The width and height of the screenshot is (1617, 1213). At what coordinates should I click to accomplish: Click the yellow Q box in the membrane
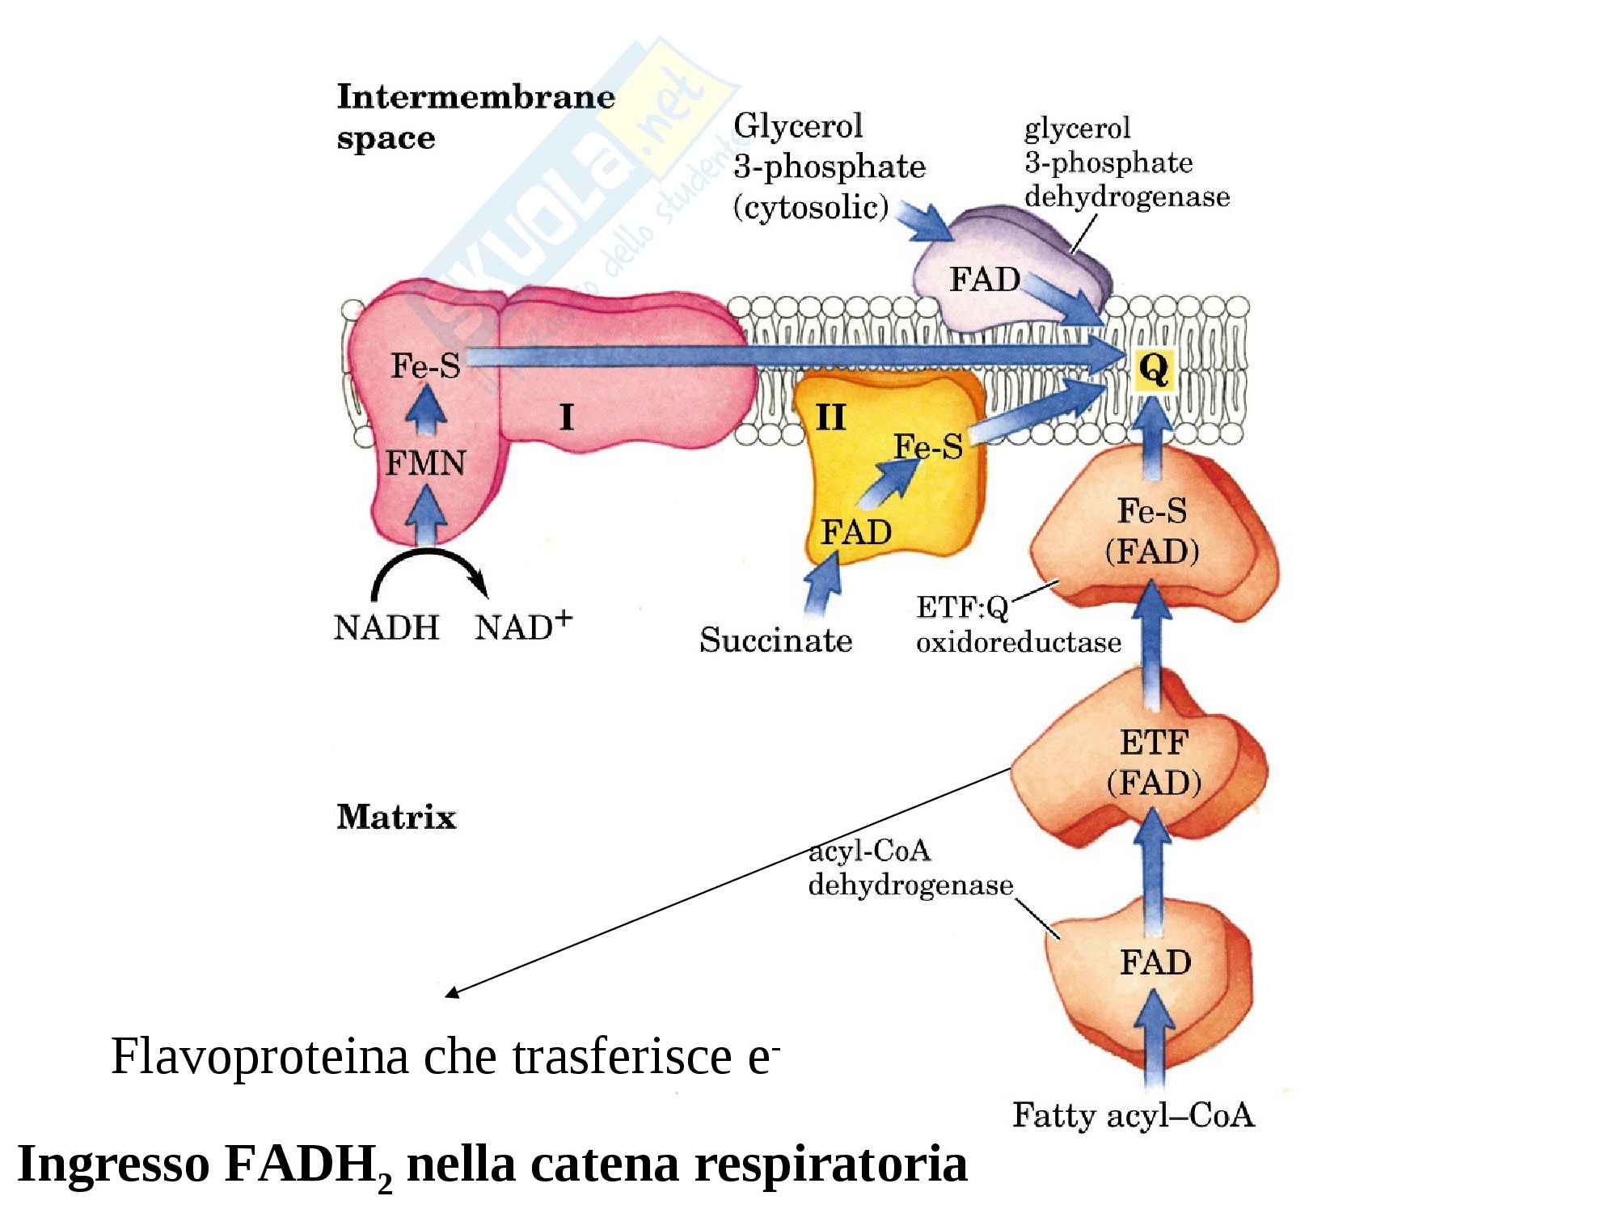[x=1154, y=370]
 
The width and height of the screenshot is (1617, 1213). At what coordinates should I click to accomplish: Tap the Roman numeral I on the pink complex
[x=567, y=417]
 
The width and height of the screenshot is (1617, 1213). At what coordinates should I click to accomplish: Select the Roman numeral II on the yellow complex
[x=831, y=417]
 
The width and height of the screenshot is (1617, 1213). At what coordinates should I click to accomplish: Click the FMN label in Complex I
[x=425, y=463]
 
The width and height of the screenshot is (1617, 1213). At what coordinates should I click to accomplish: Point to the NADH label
[x=386, y=628]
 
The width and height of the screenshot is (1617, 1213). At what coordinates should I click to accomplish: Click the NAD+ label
[x=523, y=626]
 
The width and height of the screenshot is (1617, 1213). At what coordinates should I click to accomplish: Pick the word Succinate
[x=775, y=640]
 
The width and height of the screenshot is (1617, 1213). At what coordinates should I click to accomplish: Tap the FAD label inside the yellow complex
[x=856, y=532]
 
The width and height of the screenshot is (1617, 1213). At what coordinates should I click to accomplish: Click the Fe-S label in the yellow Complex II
[x=928, y=446]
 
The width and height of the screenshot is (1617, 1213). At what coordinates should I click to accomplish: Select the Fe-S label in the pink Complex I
[x=425, y=366]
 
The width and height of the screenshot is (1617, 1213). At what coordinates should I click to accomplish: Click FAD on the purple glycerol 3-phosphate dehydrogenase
[x=984, y=280]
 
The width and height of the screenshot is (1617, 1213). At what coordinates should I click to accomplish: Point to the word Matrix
[x=396, y=817]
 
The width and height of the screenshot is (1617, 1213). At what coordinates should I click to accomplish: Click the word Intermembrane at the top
[x=475, y=97]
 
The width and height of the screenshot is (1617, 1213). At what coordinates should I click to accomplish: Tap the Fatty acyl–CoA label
[x=1133, y=1116]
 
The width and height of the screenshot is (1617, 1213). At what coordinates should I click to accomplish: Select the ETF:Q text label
[x=962, y=607]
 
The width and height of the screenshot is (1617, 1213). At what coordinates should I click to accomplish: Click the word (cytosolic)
[x=811, y=208]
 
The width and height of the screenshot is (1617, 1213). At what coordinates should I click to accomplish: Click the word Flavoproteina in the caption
[x=260, y=1056]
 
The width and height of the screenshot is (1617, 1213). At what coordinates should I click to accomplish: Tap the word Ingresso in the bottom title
[x=114, y=1164]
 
